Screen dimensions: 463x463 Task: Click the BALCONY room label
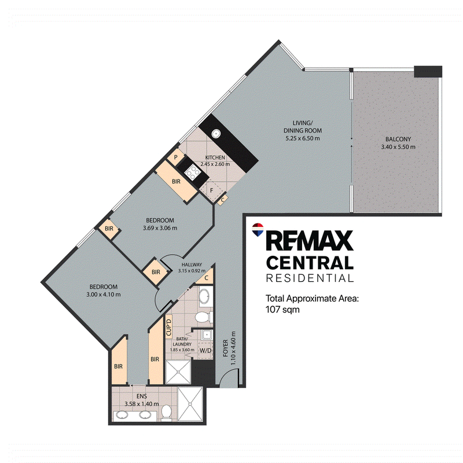(398, 139)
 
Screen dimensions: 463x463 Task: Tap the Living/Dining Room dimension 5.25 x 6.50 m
(302, 138)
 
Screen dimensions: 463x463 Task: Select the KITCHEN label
(215, 157)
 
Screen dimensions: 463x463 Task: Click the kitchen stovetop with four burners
(192, 172)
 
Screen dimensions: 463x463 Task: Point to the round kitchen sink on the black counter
(215, 134)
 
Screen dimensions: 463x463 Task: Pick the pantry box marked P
(175, 157)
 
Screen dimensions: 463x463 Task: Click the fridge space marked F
(211, 191)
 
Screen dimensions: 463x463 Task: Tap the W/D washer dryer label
(206, 351)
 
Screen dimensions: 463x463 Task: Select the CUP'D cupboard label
(169, 328)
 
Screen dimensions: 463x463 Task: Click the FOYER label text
(225, 348)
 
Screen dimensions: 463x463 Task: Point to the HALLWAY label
(192, 264)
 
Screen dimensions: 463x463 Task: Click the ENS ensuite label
(142, 396)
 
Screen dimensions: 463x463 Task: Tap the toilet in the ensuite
(167, 412)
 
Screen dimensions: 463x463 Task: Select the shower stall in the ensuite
(190, 404)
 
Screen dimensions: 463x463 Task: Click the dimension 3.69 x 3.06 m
(160, 228)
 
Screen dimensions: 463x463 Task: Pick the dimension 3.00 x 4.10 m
(104, 295)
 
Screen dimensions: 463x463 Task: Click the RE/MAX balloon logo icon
(258, 230)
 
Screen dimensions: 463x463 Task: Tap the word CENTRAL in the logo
(310, 263)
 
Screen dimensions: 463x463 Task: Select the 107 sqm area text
(282, 310)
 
